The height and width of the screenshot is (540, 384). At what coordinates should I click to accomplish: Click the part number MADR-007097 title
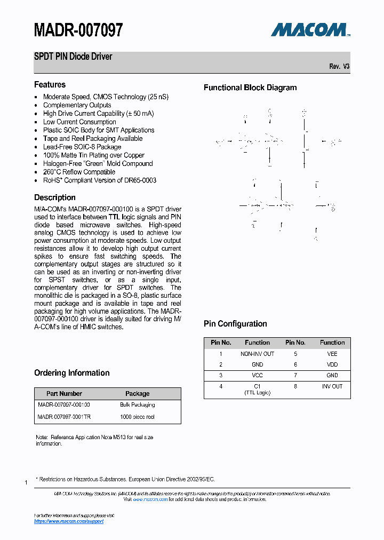pos(78,30)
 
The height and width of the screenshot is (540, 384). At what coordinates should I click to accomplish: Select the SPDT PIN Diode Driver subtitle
pos(73,57)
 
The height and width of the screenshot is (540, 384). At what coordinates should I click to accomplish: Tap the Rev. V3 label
pos(339,67)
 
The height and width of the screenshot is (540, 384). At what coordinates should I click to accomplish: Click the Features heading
pos(50,85)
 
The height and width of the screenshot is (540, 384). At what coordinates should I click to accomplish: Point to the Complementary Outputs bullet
pos(77,105)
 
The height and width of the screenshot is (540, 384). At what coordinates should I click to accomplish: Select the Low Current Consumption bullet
pos(79,122)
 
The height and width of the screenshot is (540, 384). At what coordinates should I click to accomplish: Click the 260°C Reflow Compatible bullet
pos(79,172)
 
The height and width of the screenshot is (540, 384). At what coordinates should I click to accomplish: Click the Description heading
pos(55,197)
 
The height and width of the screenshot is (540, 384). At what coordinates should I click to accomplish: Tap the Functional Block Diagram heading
pos(250,88)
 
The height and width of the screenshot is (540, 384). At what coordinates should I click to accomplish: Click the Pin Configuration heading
pos(235,324)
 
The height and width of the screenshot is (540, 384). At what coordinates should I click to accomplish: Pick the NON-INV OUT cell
pos(257,354)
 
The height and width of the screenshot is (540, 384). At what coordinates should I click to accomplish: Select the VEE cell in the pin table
pos(332,354)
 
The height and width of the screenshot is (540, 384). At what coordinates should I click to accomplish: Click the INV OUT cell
pos(332,386)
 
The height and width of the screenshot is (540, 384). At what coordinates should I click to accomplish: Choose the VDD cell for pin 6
pos(332,364)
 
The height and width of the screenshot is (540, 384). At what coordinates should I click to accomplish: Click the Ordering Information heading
pos(71,373)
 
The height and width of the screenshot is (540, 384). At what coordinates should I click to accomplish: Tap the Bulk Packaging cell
pos(137,405)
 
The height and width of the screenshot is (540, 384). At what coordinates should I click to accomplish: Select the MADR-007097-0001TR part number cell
pos(64,417)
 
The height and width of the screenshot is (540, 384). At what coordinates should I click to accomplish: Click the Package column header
pos(137,393)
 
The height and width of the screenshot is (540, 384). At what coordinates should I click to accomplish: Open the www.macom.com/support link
pos(69,521)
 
